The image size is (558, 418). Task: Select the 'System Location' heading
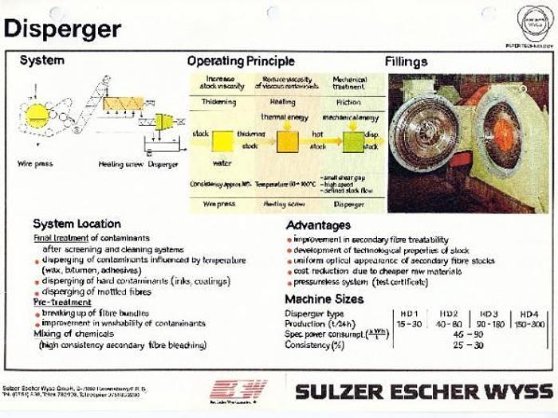click(77, 224)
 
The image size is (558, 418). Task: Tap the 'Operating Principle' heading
click(241, 61)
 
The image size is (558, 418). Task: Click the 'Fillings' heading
click(406, 61)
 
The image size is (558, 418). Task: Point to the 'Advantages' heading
click(318, 225)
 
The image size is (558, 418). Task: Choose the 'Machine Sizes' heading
click(324, 299)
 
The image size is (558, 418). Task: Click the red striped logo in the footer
click(238, 389)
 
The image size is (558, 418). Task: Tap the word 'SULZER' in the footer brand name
click(335, 391)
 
